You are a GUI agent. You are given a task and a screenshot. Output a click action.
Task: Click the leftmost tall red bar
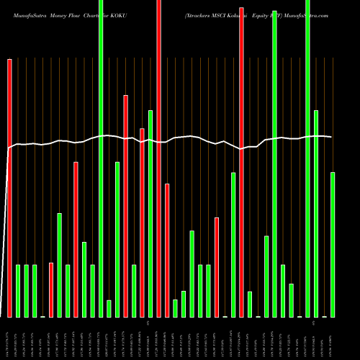[9, 187]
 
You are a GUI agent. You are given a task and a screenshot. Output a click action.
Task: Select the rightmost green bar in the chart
[333, 245]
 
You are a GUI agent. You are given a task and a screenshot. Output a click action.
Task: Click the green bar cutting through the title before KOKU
[101, 158]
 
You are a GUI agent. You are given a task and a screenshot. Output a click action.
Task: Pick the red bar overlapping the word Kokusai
[241, 158]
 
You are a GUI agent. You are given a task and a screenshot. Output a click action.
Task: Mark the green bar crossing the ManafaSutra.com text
[308, 158]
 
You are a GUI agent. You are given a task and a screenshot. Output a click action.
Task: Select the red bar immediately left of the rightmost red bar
[217, 266]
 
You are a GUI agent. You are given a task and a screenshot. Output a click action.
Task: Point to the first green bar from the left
[18, 291]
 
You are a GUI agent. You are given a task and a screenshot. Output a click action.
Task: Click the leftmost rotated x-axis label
[9, 338]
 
